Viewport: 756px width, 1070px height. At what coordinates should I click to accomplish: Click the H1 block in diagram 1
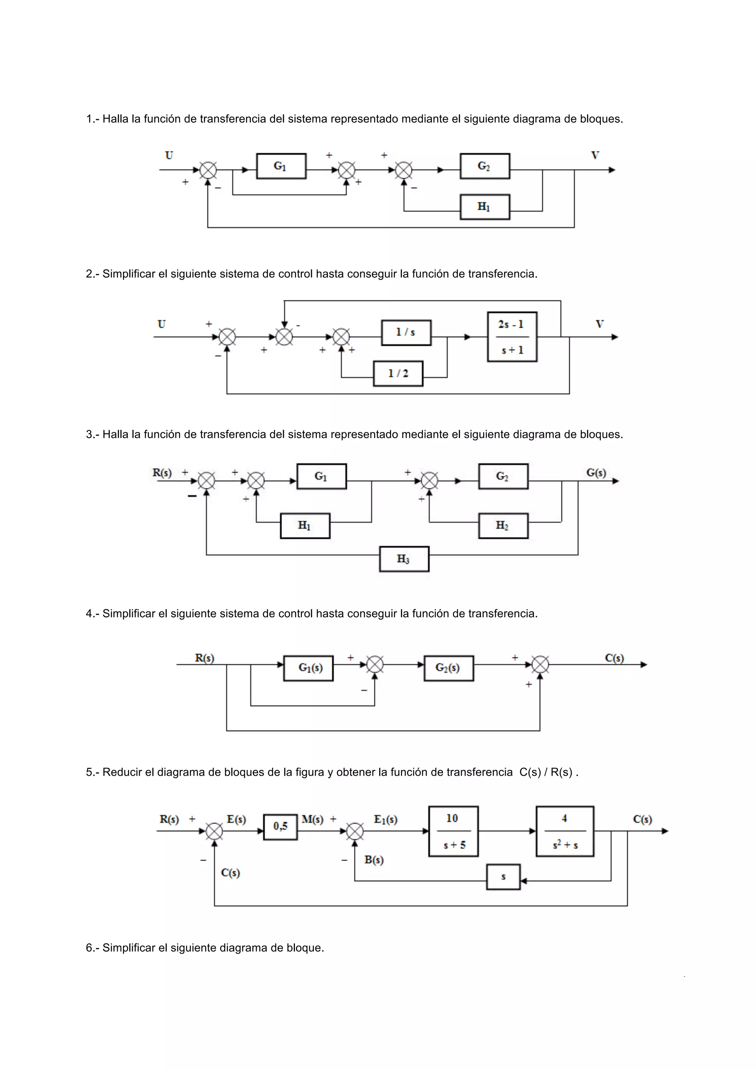[485, 207]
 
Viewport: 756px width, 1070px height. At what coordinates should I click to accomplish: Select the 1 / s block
[406, 332]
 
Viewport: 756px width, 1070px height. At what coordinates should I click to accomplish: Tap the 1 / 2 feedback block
[398, 373]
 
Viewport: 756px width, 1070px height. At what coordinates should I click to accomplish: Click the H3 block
[404, 559]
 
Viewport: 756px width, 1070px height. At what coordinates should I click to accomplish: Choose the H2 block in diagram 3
[503, 526]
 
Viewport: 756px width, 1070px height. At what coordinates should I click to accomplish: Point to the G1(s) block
[308, 668]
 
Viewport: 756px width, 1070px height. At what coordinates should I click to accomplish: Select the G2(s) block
[449, 668]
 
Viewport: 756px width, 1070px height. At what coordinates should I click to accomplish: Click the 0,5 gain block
[281, 827]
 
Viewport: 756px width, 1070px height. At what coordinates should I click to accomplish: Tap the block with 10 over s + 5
[453, 831]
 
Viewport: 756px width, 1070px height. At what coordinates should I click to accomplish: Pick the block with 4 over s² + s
[564, 831]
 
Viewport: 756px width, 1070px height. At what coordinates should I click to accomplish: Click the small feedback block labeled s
[503, 877]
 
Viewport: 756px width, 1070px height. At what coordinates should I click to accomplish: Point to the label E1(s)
[385, 819]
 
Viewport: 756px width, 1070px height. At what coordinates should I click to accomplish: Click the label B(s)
[374, 860]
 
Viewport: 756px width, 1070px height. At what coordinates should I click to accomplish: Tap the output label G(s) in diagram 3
[596, 473]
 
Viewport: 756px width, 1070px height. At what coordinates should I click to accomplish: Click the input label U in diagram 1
[169, 155]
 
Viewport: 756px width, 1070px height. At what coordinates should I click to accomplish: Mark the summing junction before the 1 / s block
[341, 336]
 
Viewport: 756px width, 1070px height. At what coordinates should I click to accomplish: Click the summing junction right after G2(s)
[540, 664]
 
